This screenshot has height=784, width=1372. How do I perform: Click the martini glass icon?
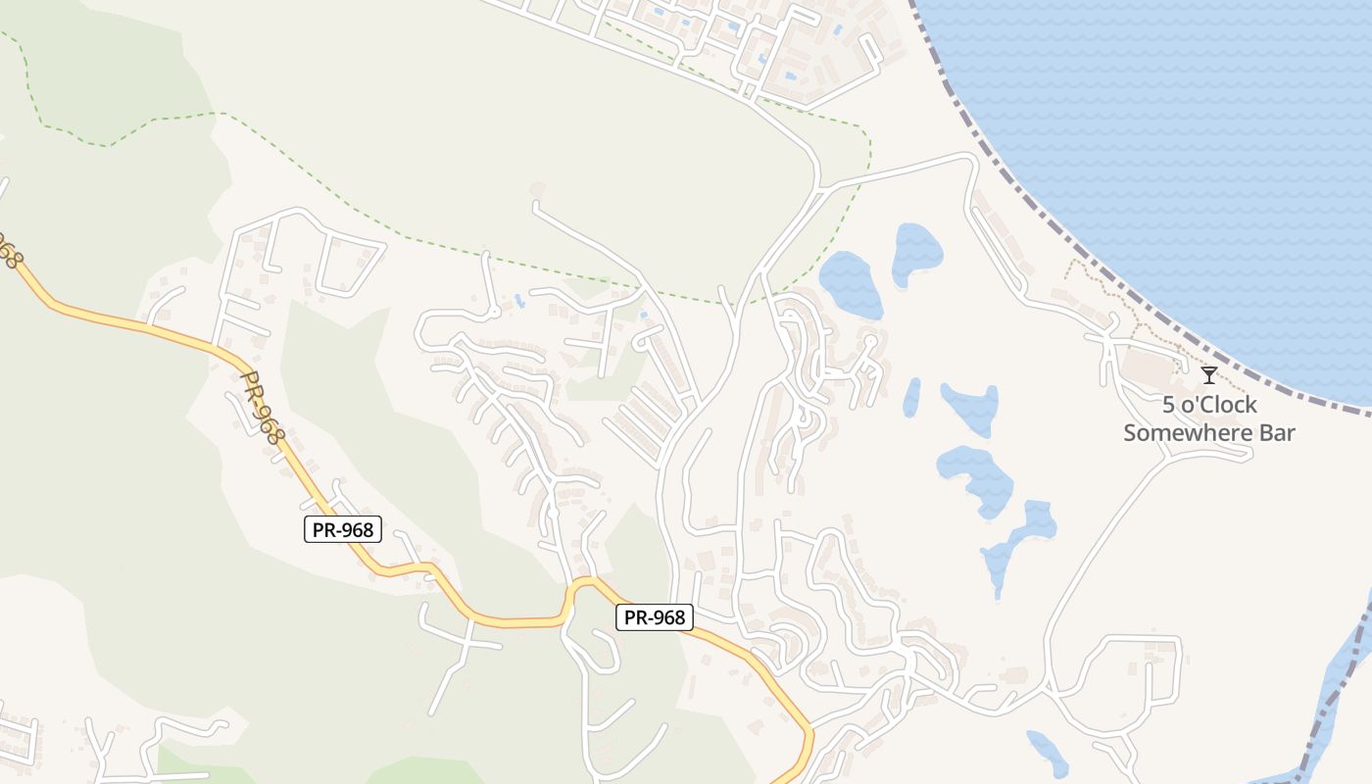click(1209, 374)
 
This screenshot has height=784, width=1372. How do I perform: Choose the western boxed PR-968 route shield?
click(341, 530)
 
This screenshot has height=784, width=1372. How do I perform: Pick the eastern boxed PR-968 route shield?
click(655, 617)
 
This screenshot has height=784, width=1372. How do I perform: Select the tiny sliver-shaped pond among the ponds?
click(911, 397)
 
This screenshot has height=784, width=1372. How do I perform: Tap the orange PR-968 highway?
click(127, 323)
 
